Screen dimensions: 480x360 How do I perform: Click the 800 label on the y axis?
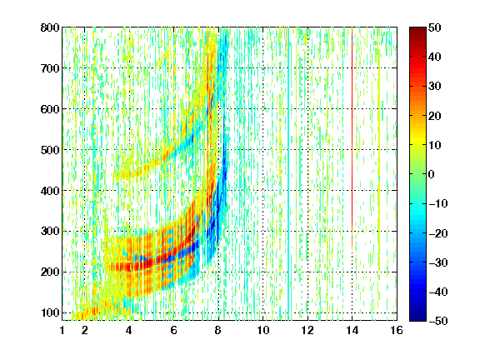(x=50, y=27)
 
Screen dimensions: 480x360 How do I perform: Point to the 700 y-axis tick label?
(x=50, y=68)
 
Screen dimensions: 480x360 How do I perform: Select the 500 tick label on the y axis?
(x=50, y=150)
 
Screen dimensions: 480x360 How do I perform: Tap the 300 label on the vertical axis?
(x=50, y=232)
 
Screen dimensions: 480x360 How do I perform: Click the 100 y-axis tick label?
(x=50, y=312)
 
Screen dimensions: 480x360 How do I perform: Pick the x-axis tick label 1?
(x=62, y=330)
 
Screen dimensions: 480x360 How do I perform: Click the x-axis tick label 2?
(x=85, y=330)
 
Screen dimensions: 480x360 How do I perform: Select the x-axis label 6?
(x=174, y=330)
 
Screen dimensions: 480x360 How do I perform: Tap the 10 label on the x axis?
(x=263, y=330)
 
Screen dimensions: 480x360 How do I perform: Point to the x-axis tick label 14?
(x=352, y=330)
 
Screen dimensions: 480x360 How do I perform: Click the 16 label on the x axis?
(x=397, y=330)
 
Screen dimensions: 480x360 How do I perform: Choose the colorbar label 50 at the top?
(x=435, y=27)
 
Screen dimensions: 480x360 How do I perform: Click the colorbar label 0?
(x=432, y=174)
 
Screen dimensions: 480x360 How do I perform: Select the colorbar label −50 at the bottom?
(x=438, y=321)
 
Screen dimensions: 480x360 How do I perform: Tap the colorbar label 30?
(x=435, y=87)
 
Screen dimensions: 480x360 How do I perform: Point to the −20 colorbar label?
(x=438, y=233)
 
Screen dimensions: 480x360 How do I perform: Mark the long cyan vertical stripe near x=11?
(x=288, y=174)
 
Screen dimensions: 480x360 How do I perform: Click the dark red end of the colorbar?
(x=417, y=31)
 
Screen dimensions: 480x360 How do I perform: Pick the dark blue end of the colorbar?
(x=417, y=317)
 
